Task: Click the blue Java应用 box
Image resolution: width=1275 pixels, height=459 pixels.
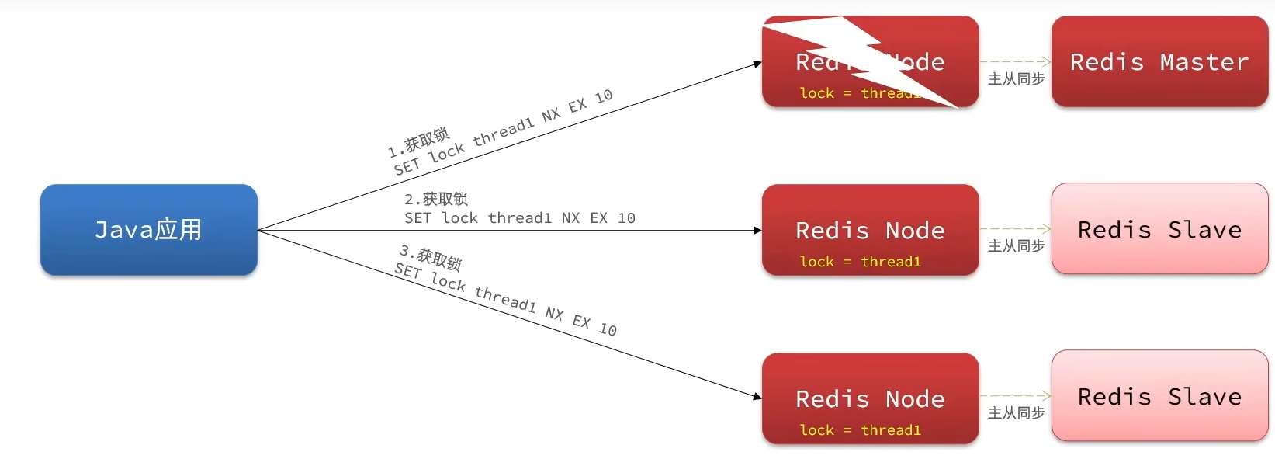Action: point(148,230)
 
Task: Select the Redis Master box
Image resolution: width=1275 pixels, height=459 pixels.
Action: point(1159,61)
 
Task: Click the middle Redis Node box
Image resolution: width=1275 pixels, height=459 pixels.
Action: point(870,230)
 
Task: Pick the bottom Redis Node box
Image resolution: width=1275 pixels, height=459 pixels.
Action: point(870,398)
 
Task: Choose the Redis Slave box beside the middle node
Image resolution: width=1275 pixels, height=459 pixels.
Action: point(1159,229)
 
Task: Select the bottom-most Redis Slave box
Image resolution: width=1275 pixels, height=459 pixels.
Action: point(1159,396)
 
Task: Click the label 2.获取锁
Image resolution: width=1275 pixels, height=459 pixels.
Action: point(436,200)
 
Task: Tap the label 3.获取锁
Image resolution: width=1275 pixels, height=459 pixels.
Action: point(431,258)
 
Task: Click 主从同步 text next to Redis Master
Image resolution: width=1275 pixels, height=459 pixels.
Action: point(1016,79)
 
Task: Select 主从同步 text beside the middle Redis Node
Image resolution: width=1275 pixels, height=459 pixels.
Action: point(1016,246)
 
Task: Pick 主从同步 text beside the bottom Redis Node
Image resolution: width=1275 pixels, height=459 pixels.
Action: point(1016,413)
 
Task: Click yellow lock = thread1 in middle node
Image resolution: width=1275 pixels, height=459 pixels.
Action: point(860,262)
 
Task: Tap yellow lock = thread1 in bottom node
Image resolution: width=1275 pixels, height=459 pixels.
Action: point(860,430)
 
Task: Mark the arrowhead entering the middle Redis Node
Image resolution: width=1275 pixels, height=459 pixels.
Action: point(757,231)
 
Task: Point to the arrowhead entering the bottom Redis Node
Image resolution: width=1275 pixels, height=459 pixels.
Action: point(757,396)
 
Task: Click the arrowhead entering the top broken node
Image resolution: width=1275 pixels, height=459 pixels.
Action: point(757,64)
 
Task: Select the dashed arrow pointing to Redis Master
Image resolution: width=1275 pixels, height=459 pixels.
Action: point(1015,61)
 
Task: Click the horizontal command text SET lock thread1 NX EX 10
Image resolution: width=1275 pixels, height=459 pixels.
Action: point(520,218)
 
